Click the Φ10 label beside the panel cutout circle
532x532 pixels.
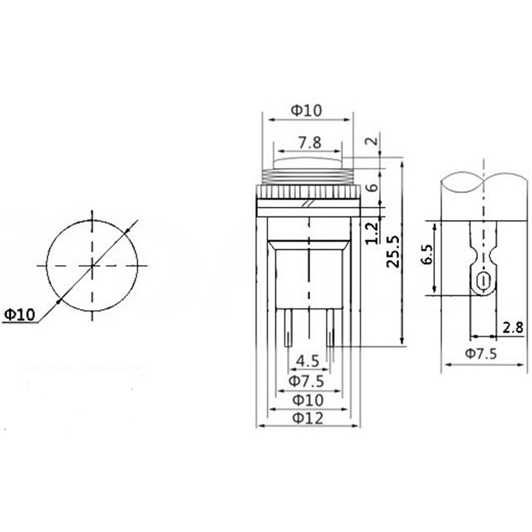[19, 314]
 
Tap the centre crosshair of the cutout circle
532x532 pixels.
[92, 265]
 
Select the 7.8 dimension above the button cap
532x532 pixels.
[310, 142]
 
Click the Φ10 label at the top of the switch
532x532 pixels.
[306, 110]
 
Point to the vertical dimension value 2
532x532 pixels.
[373, 140]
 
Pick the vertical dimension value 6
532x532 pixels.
[373, 187]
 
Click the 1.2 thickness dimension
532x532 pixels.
[373, 232]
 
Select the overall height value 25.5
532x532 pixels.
[393, 251]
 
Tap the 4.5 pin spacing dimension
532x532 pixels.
[308, 361]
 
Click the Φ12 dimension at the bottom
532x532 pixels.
[308, 418]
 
